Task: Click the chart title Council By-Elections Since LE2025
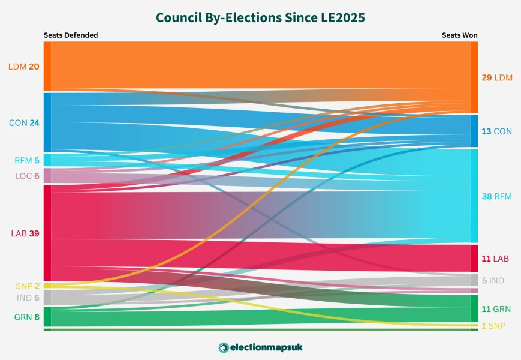260,17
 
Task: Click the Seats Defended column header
70,35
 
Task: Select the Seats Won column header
460,35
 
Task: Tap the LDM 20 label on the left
24,67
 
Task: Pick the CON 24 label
24,122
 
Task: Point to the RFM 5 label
27,160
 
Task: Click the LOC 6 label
27,176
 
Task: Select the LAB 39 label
25,233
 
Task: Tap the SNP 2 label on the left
28,286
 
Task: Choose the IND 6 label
28,298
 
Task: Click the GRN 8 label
27,316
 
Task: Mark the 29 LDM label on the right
496,78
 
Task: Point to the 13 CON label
496,131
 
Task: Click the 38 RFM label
496,196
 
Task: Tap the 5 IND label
493,280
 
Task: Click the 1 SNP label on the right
493,325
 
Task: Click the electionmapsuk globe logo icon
224,347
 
